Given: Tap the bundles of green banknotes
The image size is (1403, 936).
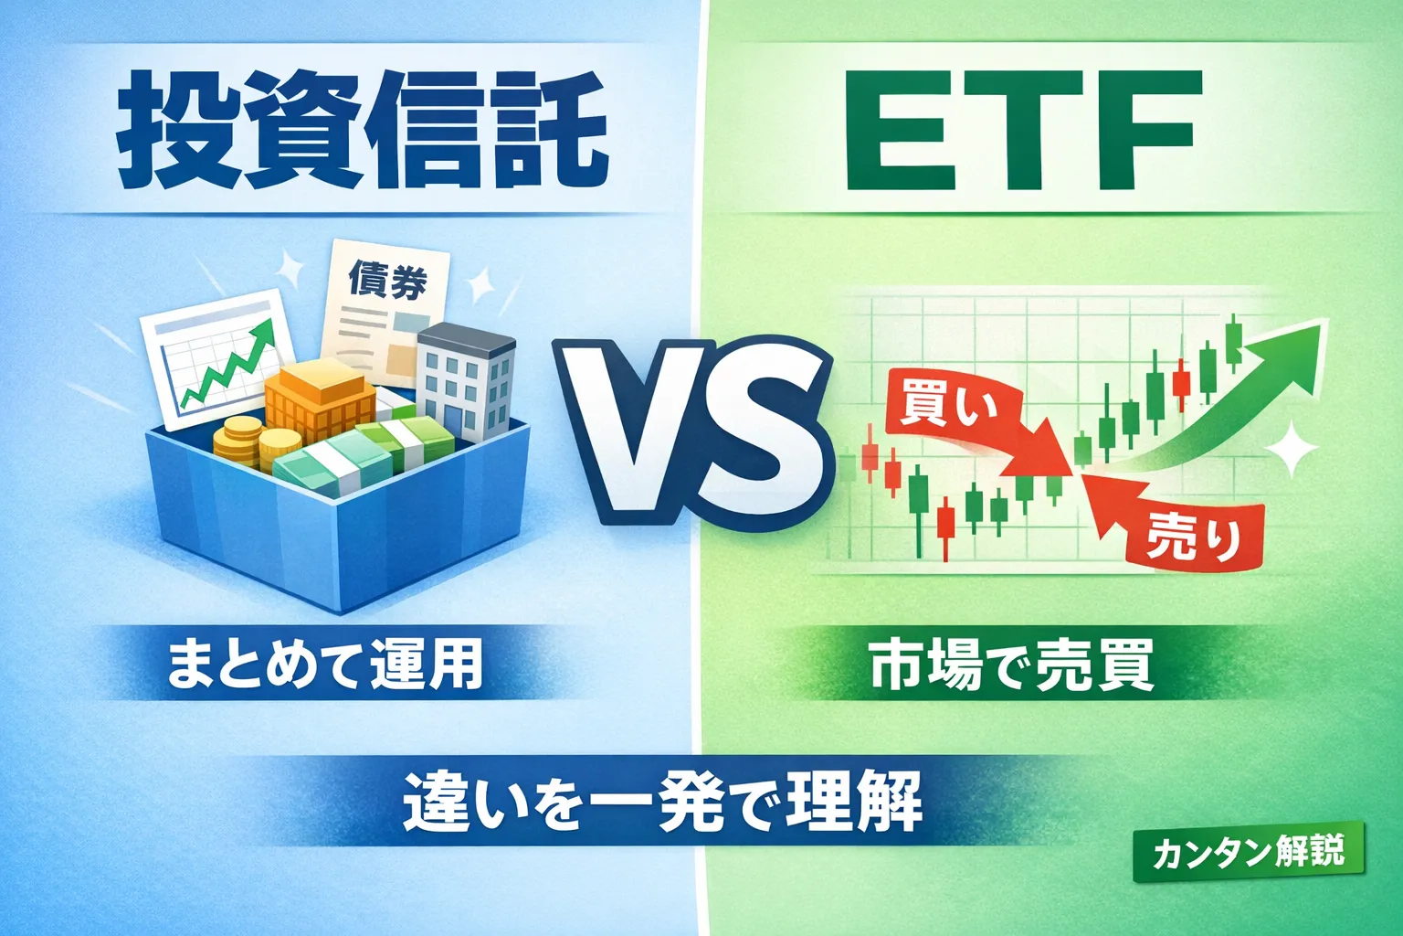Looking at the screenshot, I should point(365,457).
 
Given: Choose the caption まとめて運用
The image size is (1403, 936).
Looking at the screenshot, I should point(325,665).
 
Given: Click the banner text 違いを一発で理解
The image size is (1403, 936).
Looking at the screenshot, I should point(662,802).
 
